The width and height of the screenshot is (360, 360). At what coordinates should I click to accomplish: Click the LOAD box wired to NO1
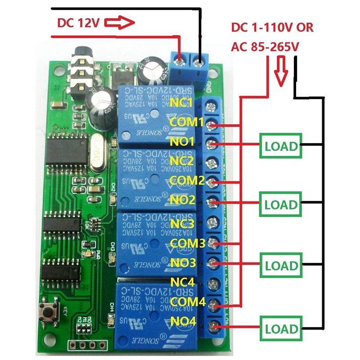(x=281, y=146)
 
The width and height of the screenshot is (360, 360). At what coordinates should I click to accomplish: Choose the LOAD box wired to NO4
(x=281, y=328)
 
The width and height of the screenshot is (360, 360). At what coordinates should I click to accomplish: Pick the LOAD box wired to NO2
(x=281, y=205)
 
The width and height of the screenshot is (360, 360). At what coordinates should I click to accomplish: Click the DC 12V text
(x=78, y=23)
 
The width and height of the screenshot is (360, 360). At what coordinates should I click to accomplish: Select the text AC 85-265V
(x=265, y=46)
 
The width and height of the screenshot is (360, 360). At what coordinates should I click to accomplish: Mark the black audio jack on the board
(x=81, y=72)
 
